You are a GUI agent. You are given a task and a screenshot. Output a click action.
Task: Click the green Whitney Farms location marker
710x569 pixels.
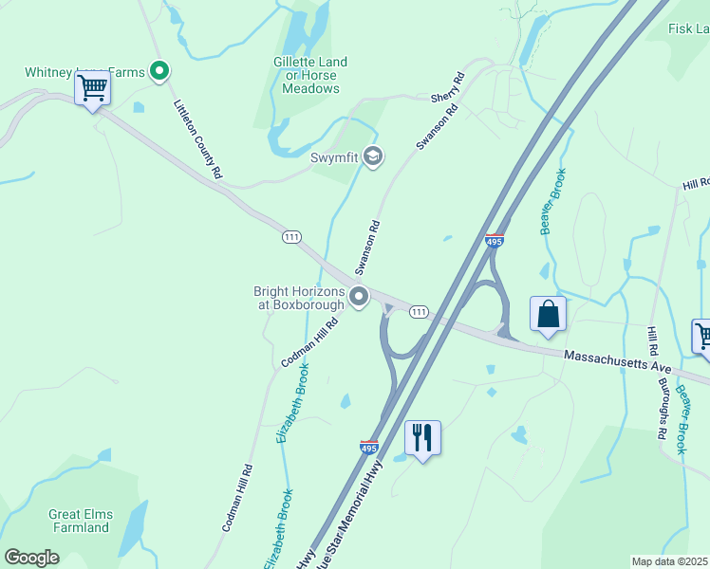160,70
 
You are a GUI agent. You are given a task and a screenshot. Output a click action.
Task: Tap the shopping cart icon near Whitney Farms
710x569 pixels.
93,89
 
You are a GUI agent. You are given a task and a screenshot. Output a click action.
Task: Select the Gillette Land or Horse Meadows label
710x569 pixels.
310,75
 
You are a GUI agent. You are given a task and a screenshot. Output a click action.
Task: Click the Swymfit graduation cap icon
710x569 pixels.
373,156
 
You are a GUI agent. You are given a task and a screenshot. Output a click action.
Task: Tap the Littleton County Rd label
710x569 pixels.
196,138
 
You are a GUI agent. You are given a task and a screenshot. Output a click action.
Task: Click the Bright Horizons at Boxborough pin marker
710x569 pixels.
359,298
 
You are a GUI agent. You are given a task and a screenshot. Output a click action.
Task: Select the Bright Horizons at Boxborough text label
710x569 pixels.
298,298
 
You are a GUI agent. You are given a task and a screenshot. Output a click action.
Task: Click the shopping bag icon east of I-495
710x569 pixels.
549,315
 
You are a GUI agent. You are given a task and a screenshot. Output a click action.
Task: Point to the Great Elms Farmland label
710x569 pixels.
81,521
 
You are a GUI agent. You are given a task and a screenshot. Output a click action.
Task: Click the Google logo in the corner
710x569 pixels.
31,558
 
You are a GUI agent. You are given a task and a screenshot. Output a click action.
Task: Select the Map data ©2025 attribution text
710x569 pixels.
668,561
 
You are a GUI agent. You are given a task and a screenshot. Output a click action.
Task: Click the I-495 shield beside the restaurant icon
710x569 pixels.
369,446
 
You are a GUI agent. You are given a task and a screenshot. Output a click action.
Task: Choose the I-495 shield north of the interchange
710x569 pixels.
494,241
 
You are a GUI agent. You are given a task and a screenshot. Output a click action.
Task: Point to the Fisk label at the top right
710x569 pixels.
688,29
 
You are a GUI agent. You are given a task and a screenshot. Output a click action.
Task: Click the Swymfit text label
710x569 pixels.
333,157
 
